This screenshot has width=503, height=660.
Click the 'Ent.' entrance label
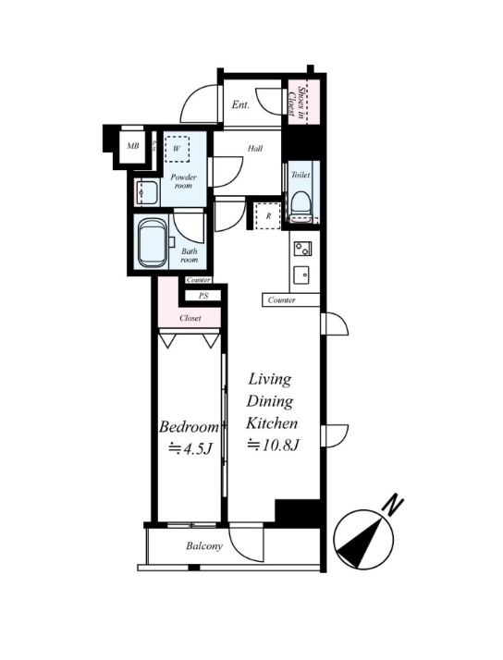click(240, 104)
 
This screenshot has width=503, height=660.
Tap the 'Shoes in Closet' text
click(297, 102)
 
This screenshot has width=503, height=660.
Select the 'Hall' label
click(255, 148)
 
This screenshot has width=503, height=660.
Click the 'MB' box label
click(133, 146)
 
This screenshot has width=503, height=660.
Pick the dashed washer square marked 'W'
click(177, 149)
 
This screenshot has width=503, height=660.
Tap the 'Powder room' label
click(183, 181)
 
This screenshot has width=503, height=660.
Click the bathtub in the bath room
click(152, 243)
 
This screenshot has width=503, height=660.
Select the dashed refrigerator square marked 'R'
click(268, 216)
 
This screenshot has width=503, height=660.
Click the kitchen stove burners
click(302, 249)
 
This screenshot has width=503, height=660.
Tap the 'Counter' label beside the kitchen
click(282, 300)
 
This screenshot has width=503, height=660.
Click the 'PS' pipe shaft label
click(203, 296)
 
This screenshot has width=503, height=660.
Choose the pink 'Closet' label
click(190, 318)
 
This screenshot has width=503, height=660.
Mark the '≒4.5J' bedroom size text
click(189, 448)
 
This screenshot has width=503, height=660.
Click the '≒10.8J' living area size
click(273, 445)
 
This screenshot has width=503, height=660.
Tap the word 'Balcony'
click(204, 546)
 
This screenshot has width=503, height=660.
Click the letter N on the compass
click(393, 506)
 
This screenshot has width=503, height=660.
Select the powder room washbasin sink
click(146, 193)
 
